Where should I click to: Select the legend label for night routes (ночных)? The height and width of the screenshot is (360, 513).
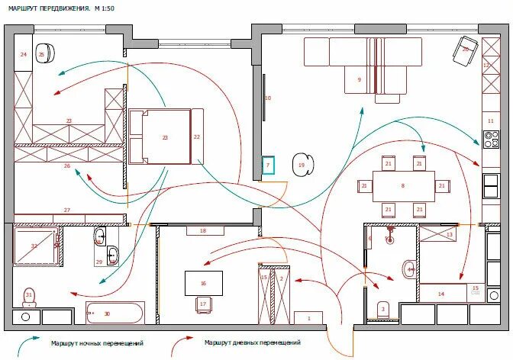97,343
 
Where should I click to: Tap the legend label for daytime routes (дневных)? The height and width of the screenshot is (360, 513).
252,343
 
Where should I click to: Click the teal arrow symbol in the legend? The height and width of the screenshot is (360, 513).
30,342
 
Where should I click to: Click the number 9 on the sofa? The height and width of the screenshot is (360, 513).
359,79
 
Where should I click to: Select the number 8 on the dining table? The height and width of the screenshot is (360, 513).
402,185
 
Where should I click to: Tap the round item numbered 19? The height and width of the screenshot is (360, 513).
302,165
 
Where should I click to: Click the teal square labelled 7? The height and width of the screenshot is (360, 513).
268,166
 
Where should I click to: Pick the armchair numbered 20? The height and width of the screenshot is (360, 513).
466,47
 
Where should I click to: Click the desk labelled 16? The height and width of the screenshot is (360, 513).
203,283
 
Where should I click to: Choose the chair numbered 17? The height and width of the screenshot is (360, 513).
203,304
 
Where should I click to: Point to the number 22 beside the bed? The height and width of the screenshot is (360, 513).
197,137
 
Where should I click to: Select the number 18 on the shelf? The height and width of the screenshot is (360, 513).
202,230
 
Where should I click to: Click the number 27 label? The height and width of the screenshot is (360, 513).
66,211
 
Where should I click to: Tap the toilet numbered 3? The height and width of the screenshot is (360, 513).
382,310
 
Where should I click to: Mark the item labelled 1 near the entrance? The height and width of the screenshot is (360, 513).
309,317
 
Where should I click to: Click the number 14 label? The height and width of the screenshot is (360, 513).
440,293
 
